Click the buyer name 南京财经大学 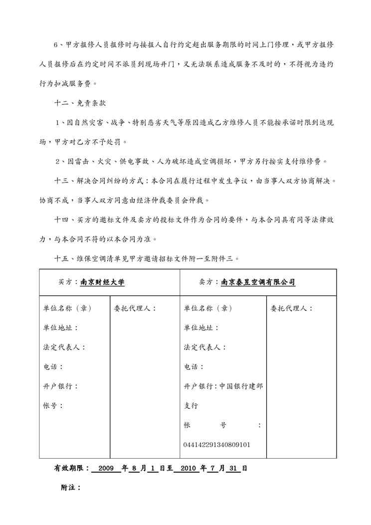(x=102, y=282)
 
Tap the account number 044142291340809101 (x=217, y=444)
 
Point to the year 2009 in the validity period (x=107, y=469)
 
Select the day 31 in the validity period (x=233, y=469)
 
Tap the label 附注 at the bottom (x=70, y=488)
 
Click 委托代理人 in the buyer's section (x=135, y=308)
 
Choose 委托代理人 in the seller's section (x=291, y=308)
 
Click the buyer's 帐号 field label (x=52, y=406)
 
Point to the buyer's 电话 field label (x=52, y=367)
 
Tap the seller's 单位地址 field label (x=201, y=328)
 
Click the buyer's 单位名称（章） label (x=67, y=308)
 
